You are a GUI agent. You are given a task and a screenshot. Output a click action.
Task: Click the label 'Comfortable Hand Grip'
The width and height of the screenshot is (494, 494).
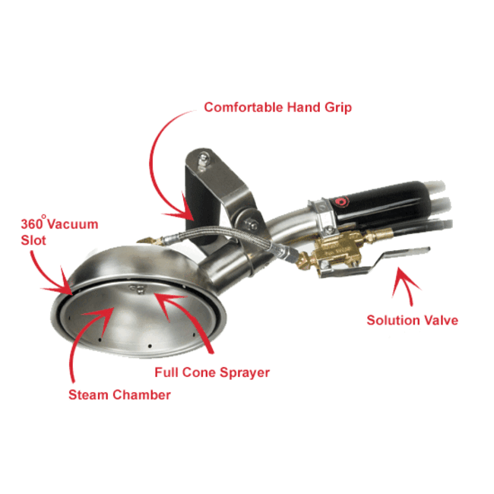pyautogui.click(x=277, y=108)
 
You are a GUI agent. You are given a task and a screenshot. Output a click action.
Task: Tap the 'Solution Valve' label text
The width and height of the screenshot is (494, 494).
pyautogui.click(x=412, y=321)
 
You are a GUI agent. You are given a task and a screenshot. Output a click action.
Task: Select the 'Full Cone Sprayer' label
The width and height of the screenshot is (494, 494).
pyautogui.click(x=212, y=372)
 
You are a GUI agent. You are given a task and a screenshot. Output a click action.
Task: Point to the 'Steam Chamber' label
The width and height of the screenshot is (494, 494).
pyautogui.click(x=119, y=394)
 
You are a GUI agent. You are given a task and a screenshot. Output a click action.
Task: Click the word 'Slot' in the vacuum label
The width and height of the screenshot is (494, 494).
pyautogui.click(x=33, y=240)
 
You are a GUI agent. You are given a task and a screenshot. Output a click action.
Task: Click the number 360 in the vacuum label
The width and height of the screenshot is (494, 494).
pyautogui.click(x=31, y=224)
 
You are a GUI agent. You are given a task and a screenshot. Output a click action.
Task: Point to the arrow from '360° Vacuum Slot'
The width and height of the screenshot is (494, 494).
pyautogui.click(x=47, y=277)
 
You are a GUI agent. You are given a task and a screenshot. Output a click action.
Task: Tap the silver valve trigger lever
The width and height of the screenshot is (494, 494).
pyautogui.click(x=375, y=261)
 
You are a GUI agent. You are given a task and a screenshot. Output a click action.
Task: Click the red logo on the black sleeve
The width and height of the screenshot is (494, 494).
pyautogui.click(x=341, y=201)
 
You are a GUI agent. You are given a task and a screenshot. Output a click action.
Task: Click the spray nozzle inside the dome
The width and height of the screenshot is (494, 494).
pyautogui.click(x=138, y=288)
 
